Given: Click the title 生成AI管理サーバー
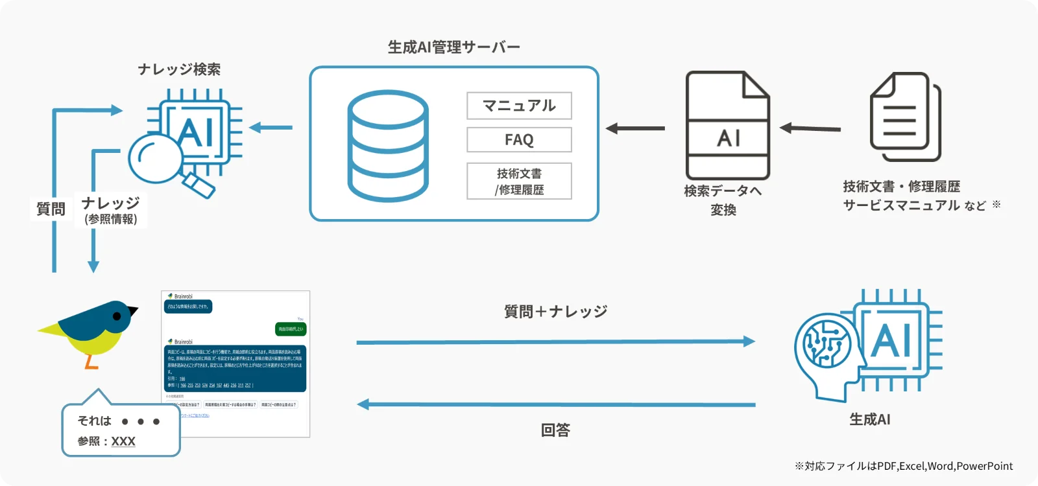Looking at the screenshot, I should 453,47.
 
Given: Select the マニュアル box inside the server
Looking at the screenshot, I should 519,106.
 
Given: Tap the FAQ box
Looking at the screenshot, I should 519,140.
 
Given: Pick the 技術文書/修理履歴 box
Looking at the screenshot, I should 519,181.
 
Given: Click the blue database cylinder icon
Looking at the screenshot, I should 388,145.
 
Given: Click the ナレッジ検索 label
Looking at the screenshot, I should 179,69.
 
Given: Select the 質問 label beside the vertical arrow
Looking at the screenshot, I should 51,209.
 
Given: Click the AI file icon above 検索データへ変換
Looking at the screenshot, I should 728,126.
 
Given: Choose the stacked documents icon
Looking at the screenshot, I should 905,117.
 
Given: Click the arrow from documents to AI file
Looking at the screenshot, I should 810,128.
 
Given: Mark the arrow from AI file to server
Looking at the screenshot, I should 635,128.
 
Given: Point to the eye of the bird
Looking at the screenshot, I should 117,316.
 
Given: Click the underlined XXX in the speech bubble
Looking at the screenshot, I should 123,441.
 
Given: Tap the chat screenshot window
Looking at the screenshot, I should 235,364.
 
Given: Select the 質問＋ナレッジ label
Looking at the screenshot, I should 555,312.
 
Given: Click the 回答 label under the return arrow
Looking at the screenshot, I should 555,430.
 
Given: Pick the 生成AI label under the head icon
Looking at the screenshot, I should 869,420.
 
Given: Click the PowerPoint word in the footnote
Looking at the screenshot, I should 984,466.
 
